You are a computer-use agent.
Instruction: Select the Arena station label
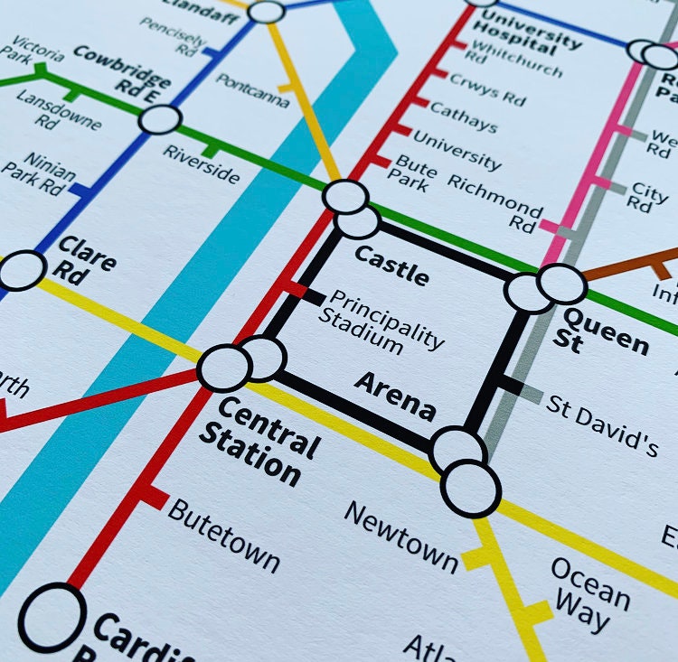tap(395, 396)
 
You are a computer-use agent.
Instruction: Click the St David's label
tap(602, 424)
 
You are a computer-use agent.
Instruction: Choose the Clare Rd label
tap(86, 261)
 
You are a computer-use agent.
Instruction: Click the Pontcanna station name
tap(253, 90)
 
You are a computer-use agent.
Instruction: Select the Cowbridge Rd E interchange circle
tap(161, 119)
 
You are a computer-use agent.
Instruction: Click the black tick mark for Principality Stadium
tap(313, 295)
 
